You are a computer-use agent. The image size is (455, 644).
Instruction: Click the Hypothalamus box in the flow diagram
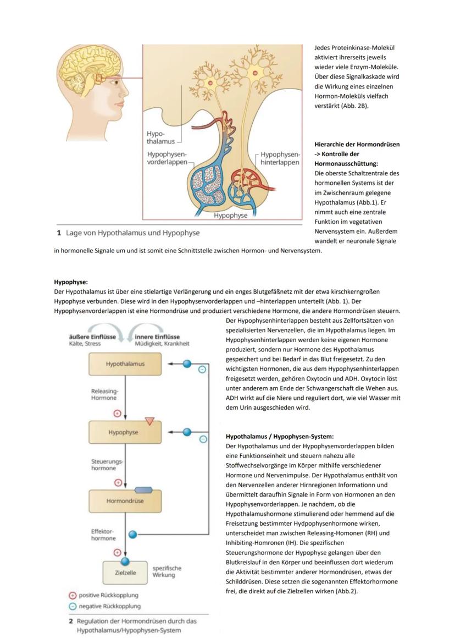click(125, 364)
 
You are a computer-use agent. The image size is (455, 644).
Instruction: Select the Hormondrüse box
click(125, 501)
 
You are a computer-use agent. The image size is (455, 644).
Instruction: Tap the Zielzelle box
click(125, 573)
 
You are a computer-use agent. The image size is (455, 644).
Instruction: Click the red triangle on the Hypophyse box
click(149, 421)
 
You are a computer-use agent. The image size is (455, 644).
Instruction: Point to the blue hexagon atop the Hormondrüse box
click(143, 489)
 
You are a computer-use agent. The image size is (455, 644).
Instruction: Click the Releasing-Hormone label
click(104, 394)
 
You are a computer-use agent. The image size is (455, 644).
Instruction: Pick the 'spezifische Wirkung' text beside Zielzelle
click(167, 571)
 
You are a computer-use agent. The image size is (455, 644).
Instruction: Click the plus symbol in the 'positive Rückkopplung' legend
click(72, 595)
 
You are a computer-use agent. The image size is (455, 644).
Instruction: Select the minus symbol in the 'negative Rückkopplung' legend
click(72, 606)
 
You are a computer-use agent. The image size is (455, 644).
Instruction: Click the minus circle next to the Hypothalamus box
click(202, 370)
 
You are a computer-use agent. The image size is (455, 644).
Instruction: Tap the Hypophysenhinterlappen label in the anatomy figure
click(280, 158)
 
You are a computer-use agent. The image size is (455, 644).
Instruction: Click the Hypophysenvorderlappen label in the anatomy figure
click(168, 158)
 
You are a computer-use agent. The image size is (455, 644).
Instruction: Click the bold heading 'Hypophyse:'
click(71, 282)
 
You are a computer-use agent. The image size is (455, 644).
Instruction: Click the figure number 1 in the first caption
click(58, 233)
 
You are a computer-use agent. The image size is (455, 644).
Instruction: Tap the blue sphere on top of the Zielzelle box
click(125, 562)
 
